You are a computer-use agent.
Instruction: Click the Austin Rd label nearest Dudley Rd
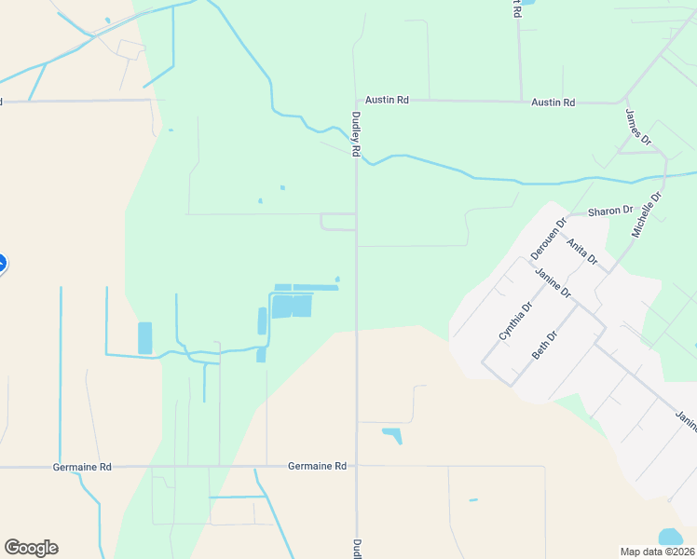click(x=387, y=100)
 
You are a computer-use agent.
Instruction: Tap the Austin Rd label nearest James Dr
click(x=553, y=102)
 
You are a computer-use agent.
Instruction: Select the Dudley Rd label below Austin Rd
click(x=355, y=134)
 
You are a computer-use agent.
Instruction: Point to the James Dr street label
click(x=638, y=127)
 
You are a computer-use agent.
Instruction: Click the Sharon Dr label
click(x=610, y=211)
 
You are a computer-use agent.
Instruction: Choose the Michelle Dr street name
click(x=646, y=215)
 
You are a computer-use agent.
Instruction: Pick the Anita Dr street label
click(x=581, y=250)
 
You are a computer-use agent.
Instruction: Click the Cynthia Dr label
click(x=515, y=320)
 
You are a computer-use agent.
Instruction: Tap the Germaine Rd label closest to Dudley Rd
click(x=317, y=466)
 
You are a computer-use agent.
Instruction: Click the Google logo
click(x=31, y=548)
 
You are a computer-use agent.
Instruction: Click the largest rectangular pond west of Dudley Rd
click(x=292, y=306)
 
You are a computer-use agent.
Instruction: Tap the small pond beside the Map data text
click(x=670, y=537)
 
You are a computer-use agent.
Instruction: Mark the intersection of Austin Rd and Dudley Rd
click(x=356, y=100)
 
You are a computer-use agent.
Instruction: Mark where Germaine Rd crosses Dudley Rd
click(x=356, y=466)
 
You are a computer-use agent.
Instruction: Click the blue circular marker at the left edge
click(x=2, y=265)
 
